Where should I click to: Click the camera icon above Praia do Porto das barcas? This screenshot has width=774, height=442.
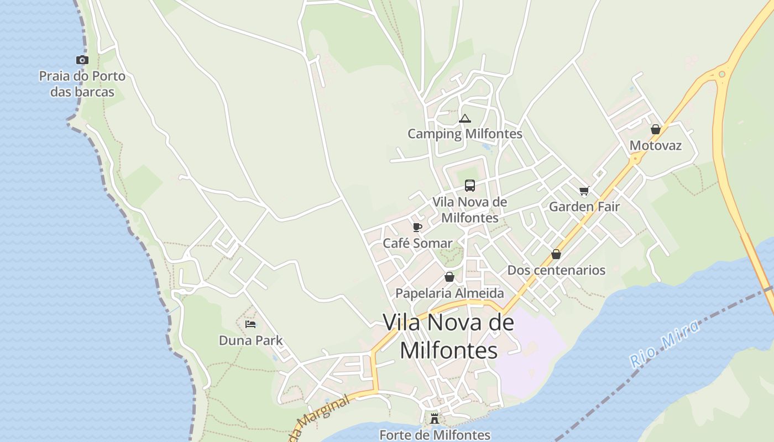(x=82, y=60)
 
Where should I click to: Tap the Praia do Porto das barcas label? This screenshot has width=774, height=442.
(x=82, y=83)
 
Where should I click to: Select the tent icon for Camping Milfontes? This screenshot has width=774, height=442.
(x=465, y=118)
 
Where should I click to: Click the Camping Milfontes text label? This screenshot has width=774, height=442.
(x=465, y=134)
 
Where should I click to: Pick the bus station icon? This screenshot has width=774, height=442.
(x=470, y=186)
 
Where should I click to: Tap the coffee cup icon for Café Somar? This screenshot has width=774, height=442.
(x=417, y=227)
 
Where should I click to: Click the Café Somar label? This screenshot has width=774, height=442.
(x=417, y=243)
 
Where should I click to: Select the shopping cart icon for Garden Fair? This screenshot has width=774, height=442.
(x=584, y=191)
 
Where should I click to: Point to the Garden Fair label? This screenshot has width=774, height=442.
(x=584, y=207)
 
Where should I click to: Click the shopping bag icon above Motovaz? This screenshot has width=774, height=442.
(x=656, y=129)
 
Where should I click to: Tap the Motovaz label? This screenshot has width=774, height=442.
(x=656, y=146)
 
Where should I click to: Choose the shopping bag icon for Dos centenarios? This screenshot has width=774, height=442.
(x=556, y=254)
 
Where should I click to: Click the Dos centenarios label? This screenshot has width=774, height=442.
(x=556, y=270)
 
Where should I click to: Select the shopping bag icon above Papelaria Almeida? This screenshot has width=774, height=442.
(x=449, y=277)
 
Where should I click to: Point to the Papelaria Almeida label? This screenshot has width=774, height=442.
(x=449, y=293)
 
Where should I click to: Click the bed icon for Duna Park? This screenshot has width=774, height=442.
(x=250, y=324)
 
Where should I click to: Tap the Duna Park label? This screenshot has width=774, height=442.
(x=250, y=340)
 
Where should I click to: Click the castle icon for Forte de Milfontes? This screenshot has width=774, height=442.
(x=435, y=418)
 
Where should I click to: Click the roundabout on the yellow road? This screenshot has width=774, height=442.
(x=721, y=74)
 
